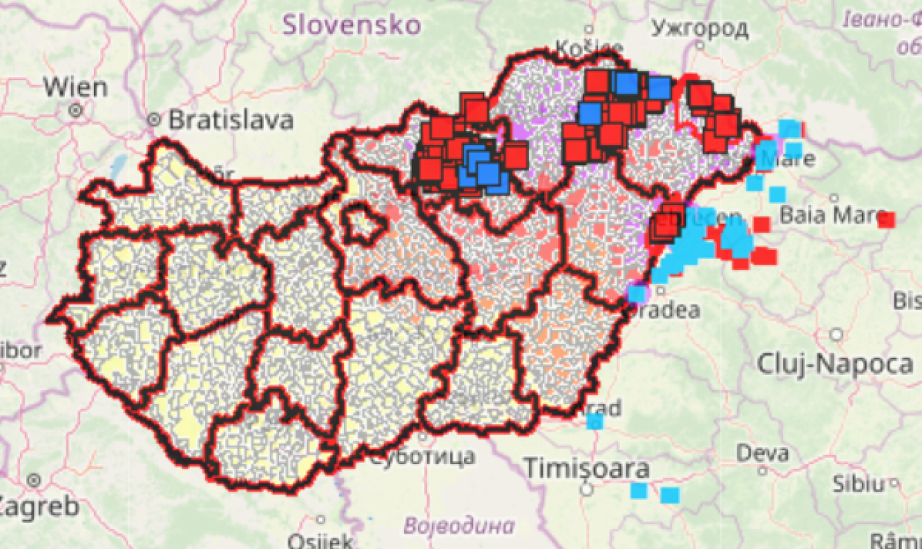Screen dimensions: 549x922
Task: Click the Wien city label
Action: click(x=75, y=87)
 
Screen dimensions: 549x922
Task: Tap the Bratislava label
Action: click(x=230, y=120)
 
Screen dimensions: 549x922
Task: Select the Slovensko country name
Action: click(x=351, y=25)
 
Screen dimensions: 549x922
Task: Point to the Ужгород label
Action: click(x=699, y=28)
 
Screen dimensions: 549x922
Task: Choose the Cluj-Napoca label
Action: click(x=835, y=364)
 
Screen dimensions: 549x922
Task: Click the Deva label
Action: click(x=762, y=453)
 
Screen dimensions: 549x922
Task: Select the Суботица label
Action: click(x=422, y=457)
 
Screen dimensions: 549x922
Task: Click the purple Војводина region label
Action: click(x=459, y=524)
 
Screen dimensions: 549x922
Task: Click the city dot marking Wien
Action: click(x=76, y=110)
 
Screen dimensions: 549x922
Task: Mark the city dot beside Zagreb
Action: click(x=34, y=480)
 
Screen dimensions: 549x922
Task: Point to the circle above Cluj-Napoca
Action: click(x=837, y=335)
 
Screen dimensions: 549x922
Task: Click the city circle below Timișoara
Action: click(x=587, y=489)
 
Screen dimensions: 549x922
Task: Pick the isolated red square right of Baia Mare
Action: click(x=886, y=220)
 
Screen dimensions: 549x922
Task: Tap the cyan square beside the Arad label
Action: click(x=595, y=421)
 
